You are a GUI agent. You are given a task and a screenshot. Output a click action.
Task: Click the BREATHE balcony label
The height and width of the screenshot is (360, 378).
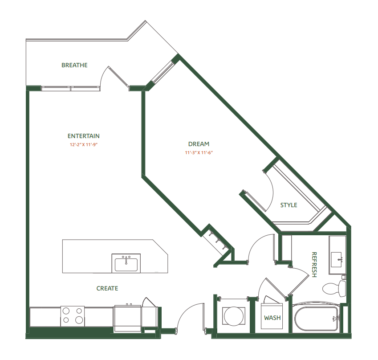[74, 65]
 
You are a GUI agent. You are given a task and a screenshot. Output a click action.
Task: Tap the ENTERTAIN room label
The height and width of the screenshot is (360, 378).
[83, 136]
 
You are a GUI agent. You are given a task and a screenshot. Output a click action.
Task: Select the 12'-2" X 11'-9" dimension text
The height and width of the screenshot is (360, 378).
[83, 145]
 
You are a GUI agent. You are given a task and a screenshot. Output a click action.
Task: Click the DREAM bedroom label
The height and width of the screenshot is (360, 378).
[199, 144]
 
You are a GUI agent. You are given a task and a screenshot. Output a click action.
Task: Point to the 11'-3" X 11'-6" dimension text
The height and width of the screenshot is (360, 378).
[199, 153]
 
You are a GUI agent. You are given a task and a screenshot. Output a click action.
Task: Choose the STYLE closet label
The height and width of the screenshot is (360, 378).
[289, 205]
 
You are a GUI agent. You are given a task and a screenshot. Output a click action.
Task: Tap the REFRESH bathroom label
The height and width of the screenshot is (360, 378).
[314, 265]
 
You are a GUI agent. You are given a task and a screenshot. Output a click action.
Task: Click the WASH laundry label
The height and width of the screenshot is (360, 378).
[272, 318]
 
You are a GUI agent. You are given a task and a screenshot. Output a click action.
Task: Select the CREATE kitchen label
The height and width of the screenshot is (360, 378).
[107, 288]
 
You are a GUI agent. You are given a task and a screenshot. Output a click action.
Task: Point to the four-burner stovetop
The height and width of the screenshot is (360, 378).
[73, 315]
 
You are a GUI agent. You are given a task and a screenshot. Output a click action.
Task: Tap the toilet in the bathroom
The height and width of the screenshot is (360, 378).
[334, 287]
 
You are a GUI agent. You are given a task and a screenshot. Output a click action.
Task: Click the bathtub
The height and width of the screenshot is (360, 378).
[316, 318]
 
